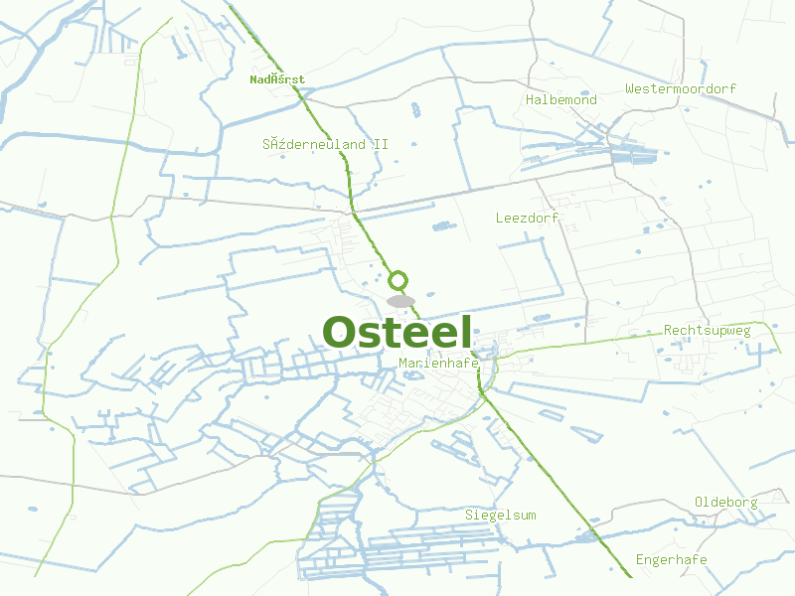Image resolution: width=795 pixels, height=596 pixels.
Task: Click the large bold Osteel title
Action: (397, 333)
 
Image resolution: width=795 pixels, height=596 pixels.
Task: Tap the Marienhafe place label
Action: (438, 364)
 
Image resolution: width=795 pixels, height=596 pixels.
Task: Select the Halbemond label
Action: (561, 100)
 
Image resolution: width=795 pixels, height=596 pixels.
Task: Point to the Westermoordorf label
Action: (681, 89)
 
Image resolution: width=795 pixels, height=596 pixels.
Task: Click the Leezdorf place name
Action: (527, 218)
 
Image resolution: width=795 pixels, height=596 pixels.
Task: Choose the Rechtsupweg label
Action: (708, 331)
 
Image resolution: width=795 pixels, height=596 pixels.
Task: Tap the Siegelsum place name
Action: (501, 515)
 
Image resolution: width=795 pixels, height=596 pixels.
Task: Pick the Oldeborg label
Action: (725, 502)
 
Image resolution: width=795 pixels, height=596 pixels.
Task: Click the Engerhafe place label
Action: (672, 559)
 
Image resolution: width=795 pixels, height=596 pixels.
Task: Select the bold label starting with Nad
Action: (277, 79)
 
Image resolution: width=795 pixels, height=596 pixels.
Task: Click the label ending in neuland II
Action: (325, 144)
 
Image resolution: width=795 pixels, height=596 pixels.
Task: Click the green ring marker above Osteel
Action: (398, 280)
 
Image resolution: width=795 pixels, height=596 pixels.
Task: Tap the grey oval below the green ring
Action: (400, 301)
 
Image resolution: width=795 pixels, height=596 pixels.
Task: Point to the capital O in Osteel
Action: (340, 333)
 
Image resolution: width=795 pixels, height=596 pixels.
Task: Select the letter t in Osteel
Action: (393, 333)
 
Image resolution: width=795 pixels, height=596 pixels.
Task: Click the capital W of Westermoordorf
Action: (630, 89)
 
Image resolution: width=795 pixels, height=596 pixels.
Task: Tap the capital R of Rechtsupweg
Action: (668, 331)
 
